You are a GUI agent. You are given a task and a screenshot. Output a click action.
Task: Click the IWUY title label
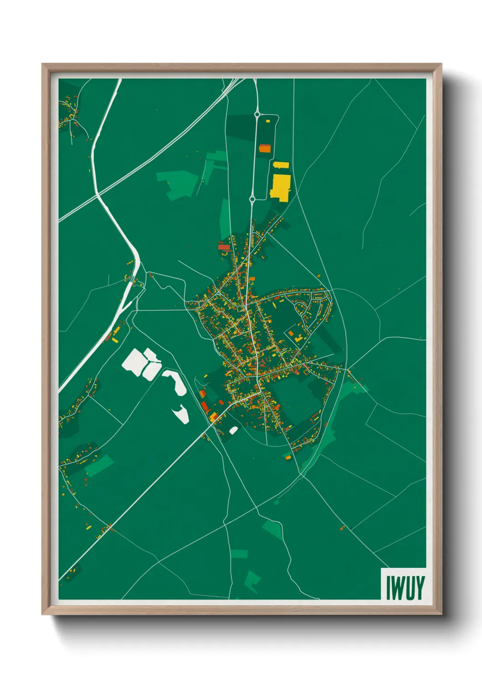pos(405,587)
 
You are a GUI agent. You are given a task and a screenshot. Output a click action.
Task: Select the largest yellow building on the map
pos(280,187)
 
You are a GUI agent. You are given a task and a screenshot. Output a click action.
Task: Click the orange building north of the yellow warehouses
pos(265,148)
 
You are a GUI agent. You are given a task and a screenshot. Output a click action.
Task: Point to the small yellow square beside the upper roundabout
pos(267,121)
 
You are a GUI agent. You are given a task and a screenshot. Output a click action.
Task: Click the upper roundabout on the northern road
pos(257,114)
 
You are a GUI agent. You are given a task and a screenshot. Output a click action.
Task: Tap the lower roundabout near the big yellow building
pos(252,199)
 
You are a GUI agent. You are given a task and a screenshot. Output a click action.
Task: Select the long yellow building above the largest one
pos(281,165)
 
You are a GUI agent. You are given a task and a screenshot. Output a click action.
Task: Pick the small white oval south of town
pos(233,430)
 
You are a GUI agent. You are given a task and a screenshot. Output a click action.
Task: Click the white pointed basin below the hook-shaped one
pos(181,414)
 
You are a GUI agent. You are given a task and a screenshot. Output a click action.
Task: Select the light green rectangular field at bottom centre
pos(239,554)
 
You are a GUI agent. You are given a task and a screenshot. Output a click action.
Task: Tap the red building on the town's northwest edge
pos(224,247)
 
